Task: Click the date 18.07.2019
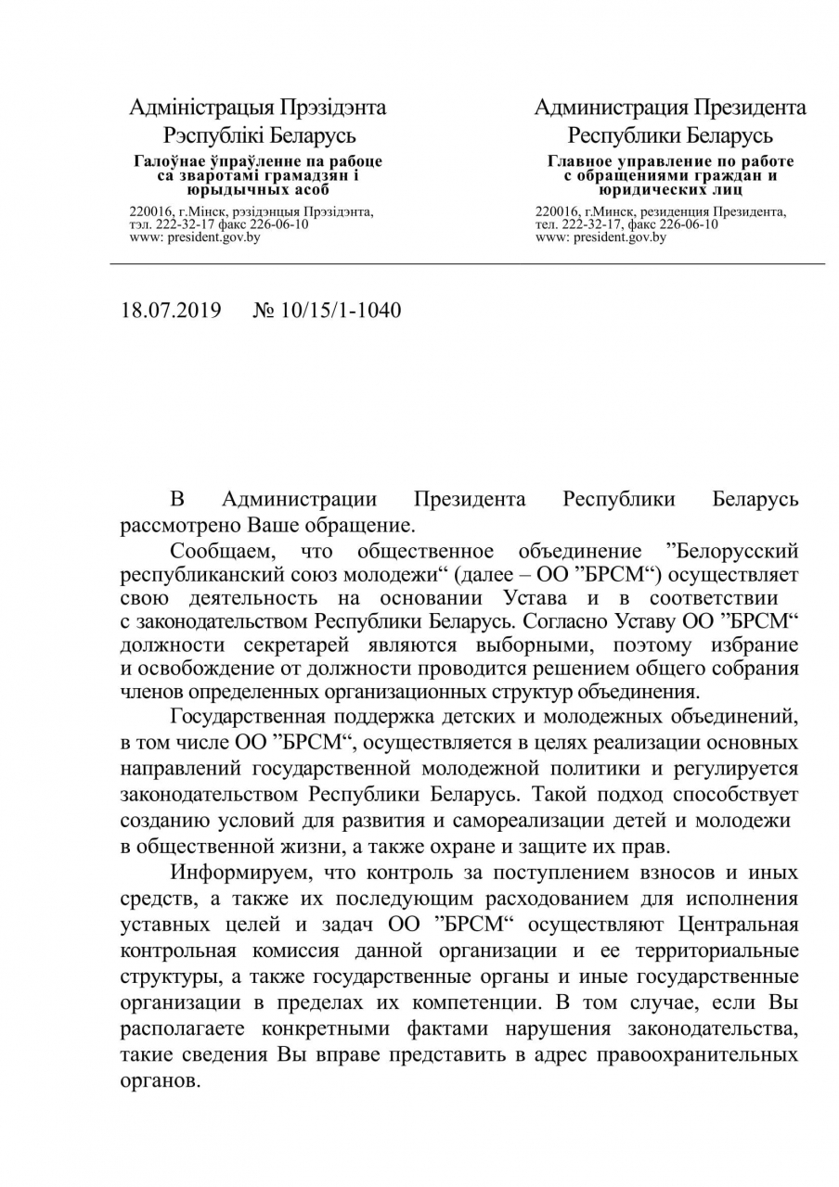[171, 310]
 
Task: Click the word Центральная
[739, 925]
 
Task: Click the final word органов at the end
[160, 1080]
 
